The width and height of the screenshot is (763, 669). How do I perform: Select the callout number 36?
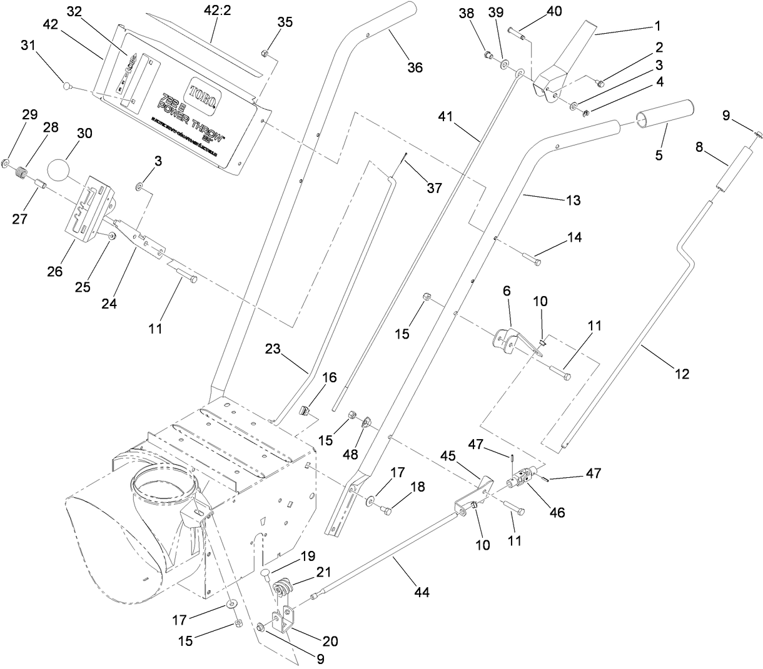click(415, 67)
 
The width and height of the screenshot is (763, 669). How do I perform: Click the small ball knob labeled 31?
click(68, 82)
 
